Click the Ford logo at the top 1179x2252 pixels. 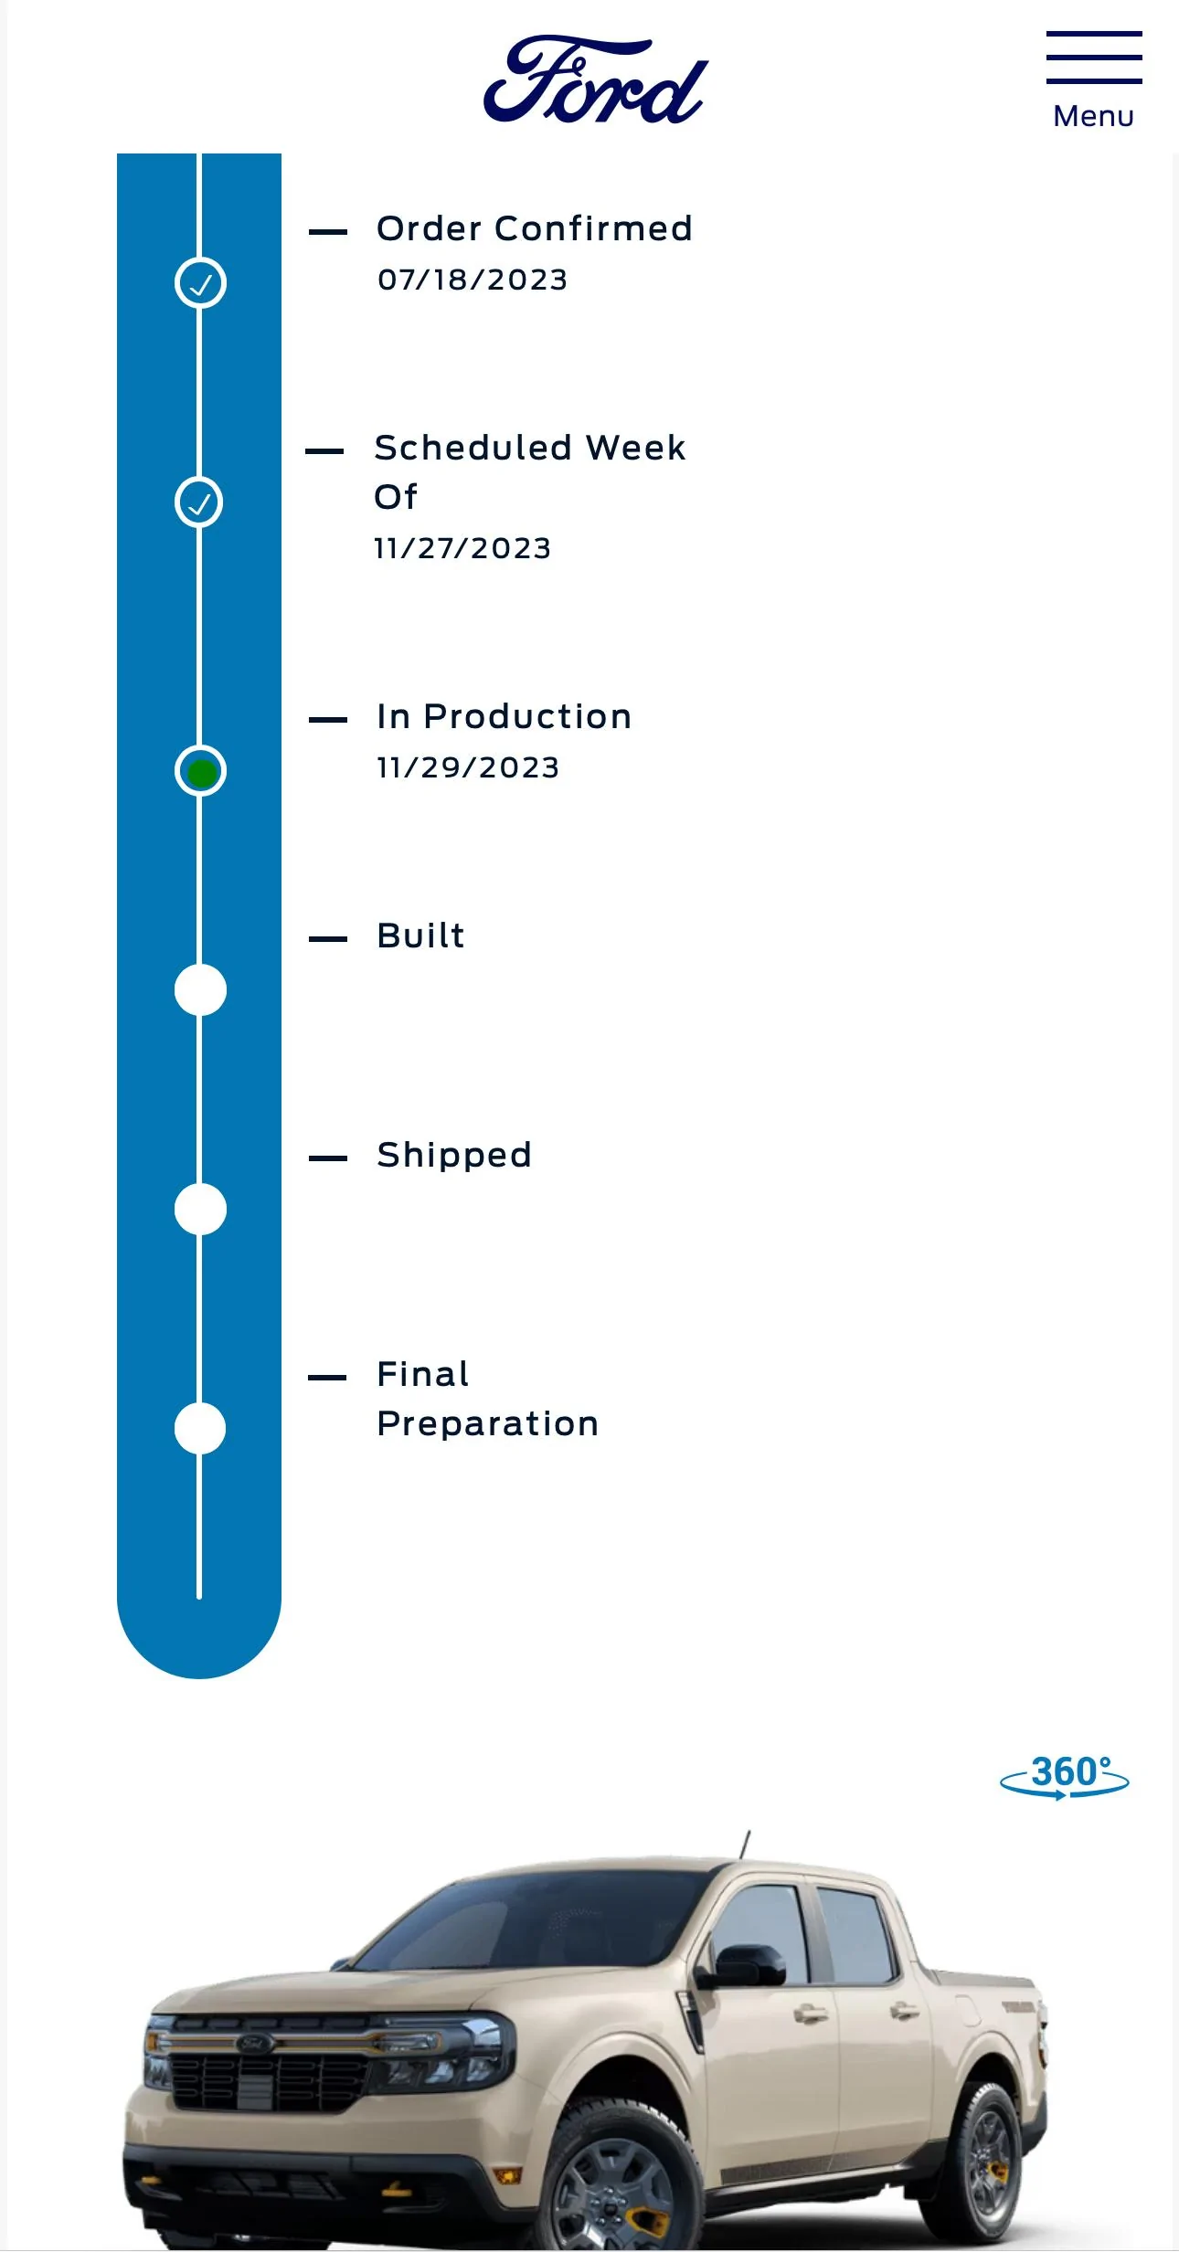tap(596, 79)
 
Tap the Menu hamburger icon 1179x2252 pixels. tap(1094, 57)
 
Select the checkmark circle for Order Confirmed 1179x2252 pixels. tap(200, 283)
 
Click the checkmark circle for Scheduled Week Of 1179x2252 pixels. tap(199, 502)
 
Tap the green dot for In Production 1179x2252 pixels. tap(201, 773)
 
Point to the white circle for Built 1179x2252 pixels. tap(200, 990)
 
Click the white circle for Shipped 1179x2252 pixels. tap(200, 1210)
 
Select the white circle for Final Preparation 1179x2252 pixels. tap(200, 1429)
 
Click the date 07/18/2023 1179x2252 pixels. tap(473, 280)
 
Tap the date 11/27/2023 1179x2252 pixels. tap(462, 548)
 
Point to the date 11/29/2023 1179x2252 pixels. tap(468, 767)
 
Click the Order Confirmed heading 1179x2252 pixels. tap(535, 228)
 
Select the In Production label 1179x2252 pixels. tap(505, 716)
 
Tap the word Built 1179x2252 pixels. tap(421, 936)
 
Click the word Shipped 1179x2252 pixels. tap(454, 1156)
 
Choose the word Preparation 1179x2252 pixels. tap(488, 1424)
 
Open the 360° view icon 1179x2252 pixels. tap(1065, 1777)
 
